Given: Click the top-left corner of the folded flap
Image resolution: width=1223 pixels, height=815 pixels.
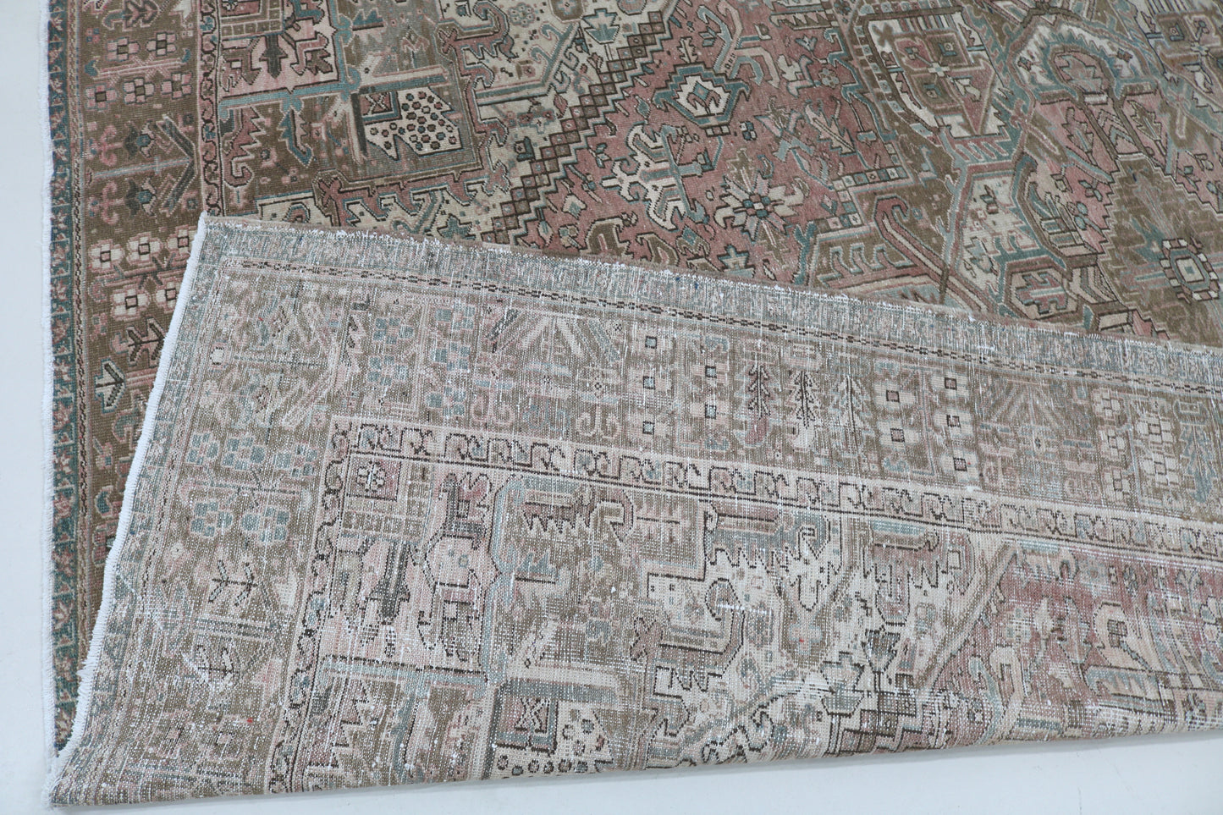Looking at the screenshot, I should [201, 222].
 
